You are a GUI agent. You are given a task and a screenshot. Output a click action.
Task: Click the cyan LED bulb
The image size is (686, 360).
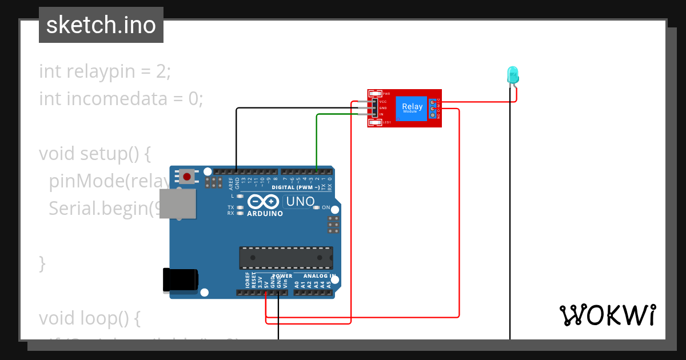[513, 74]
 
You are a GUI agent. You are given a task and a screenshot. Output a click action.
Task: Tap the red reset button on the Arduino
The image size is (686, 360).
[187, 176]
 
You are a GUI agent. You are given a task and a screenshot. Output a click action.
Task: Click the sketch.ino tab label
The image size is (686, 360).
[101, 25]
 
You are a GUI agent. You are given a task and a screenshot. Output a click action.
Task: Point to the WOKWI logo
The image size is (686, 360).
[607, 315]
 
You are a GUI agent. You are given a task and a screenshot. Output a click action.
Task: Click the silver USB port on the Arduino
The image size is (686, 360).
[176, 204]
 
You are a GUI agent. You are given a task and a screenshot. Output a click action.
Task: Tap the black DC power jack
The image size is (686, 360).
[180, 280]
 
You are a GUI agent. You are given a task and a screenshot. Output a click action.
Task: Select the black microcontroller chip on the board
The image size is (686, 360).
[286, 258]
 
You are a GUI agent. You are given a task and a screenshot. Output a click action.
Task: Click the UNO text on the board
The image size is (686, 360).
[300, 202]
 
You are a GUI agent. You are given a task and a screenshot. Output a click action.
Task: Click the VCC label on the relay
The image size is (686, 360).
[383, 101]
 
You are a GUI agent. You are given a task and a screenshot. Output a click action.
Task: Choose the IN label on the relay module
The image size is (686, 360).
[381, 114]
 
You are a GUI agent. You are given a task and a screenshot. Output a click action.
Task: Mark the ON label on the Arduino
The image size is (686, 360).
[326, 207]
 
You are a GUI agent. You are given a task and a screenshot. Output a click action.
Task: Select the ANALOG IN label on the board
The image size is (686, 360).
[315, 276]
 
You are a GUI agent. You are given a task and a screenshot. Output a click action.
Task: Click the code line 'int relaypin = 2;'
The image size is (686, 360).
[105, 71]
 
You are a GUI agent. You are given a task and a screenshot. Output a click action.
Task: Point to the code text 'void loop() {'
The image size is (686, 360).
[89, 318]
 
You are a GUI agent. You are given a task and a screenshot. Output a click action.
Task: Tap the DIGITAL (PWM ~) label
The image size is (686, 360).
[292, 187]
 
